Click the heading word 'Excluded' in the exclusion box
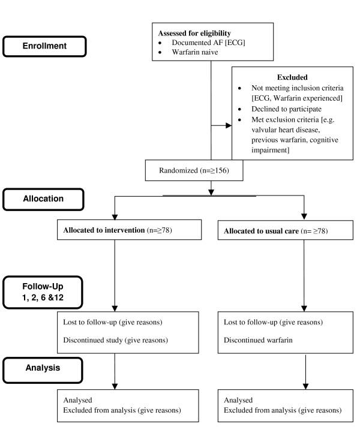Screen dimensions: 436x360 click(x=293, y=77)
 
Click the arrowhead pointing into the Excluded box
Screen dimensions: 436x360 click(x=229, y=127)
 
